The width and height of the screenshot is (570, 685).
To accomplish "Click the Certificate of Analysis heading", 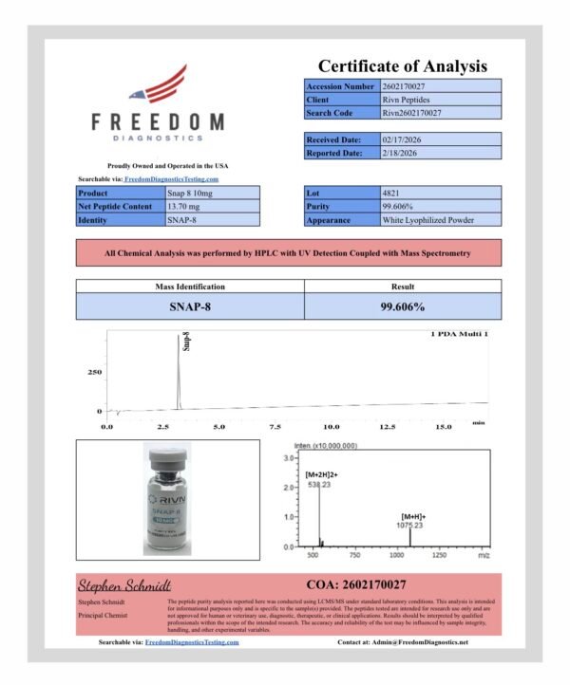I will coord(402,65).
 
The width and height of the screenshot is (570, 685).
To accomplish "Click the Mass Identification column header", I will coord(190,286).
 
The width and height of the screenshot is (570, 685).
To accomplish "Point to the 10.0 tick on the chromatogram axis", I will coord(332,427).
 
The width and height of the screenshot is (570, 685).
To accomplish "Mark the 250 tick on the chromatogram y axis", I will coord(94,373).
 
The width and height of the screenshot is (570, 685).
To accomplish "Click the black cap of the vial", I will coord(167,463).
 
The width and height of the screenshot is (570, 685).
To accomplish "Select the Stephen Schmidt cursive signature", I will coord(123,584).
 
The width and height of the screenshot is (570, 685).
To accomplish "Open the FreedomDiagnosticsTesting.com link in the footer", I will coord(192,642).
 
